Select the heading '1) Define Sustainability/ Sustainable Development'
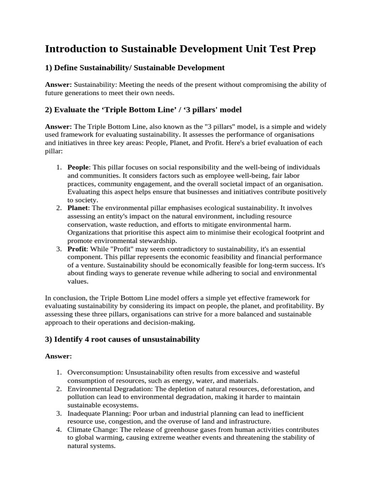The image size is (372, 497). [x=135, y=67]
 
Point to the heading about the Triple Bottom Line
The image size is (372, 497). [x=143, y=110]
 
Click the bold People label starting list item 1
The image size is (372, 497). [x=78, y=167]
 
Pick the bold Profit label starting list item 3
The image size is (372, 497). [x=77, y=248]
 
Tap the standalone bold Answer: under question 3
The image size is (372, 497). [x=59, y=356]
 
